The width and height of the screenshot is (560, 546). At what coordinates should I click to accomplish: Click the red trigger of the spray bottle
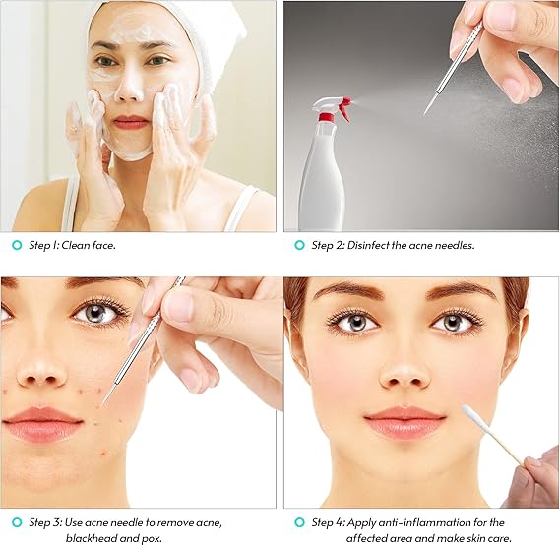(343, 108)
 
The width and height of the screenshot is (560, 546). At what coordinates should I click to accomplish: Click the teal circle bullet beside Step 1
(17, 245)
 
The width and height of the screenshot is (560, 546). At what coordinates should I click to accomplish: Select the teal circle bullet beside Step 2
(299, 245)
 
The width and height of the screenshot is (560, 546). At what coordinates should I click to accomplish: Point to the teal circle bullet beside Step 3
(17, 522)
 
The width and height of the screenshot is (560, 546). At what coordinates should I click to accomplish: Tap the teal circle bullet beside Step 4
(299, 522)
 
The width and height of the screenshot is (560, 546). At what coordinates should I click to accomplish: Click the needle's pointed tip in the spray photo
(424, 114)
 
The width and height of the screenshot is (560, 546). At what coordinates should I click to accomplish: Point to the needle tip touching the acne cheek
(103, 403)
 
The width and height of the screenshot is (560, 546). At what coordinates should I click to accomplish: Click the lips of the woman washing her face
(131, 122)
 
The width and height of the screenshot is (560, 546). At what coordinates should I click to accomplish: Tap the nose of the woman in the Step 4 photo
(404, 375)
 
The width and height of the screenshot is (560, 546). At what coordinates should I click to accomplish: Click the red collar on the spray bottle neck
(326, 117)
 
